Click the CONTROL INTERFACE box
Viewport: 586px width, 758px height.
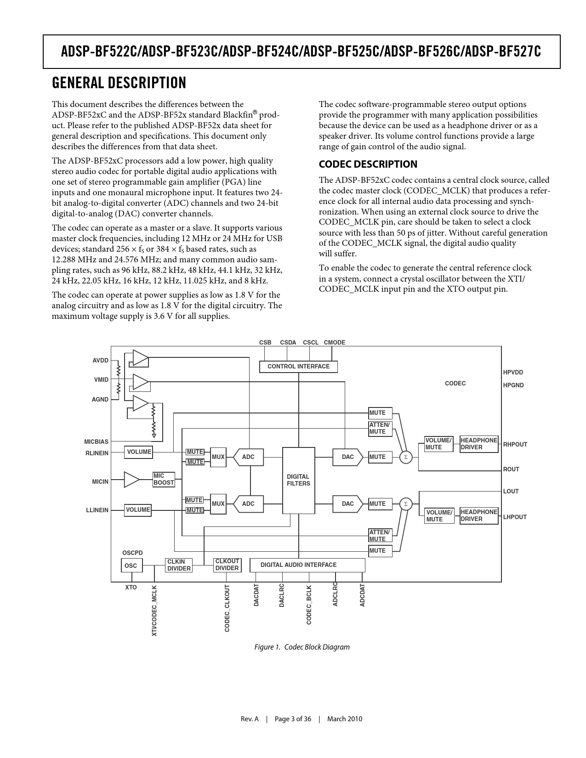pos(298,367)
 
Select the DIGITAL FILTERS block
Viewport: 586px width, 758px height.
pos(298,480)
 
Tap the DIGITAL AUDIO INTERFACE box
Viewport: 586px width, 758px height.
pos(307,565)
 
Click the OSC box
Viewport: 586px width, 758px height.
pos(131,566)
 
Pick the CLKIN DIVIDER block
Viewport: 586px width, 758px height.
pos(179,565)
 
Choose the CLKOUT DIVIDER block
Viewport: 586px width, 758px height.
pos(227,565)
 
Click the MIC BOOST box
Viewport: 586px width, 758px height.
pos(164,479)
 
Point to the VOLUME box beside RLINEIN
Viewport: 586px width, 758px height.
pos(138,452)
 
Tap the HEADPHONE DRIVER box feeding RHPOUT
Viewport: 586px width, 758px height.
pos(479,444)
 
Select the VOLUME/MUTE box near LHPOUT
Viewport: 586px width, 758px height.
pos(439,516)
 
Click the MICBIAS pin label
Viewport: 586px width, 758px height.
pos(97,442)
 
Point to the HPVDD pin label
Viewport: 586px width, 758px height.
pos(513,373)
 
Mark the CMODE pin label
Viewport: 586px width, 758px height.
pos(334,343)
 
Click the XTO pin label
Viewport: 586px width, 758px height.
pos(131,588)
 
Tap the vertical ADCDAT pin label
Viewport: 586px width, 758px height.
pos(363,595)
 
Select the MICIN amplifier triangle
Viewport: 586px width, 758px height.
pos(131,480)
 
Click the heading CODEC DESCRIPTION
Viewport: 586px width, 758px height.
pos(368,164)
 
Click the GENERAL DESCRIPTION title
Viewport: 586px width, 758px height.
pos(119,83)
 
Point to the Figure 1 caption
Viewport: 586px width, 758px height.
pos(302,647)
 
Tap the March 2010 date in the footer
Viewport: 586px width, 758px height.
pos(344,719)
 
